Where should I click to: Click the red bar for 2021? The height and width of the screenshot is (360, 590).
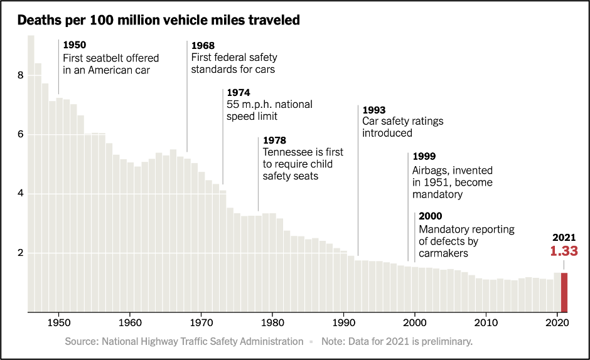pyautogui.click(x=564, y=292)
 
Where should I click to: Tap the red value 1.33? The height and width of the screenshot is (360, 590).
pyautogui.click(x=564, y=251)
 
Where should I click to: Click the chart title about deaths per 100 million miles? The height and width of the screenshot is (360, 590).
pyautogui.click(x=159, y=20)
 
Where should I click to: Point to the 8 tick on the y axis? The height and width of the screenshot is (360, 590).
pyautogui.click(x=21, y=75)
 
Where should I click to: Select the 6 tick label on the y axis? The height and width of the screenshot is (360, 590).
pyautogui.click(x=21, y=134)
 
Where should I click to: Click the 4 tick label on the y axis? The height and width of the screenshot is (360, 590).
pyautogui.click(x=21, y=194)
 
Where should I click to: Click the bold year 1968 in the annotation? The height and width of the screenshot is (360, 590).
pyautogui.click(x=203, y=46)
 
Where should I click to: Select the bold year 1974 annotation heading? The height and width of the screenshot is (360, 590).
pyautogui.click(x=239, y=92)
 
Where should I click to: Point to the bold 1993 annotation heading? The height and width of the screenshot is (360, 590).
pyautogui.click(x=374, y=110)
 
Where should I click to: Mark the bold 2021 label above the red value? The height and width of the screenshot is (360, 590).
pyautogui.click(x=564, y=238)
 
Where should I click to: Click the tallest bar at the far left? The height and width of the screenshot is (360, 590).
pyautogui.click(x=31, y=173)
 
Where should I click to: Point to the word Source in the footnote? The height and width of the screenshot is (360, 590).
pyautogui.click(x=81, y=342)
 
